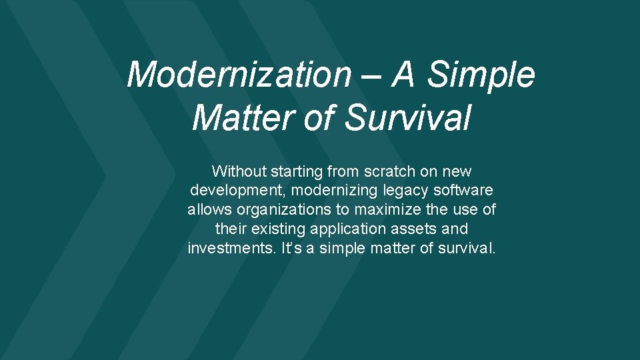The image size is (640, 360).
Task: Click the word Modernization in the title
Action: [x=239, y=75]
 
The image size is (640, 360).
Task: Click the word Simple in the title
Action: [x=481, y=75]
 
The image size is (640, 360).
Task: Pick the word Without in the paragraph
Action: [x=239, y=171]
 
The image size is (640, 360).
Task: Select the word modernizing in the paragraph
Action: [x=332, y=191]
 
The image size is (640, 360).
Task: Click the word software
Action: [x=465, y=191]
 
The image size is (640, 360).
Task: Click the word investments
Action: [x=226, y=249]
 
